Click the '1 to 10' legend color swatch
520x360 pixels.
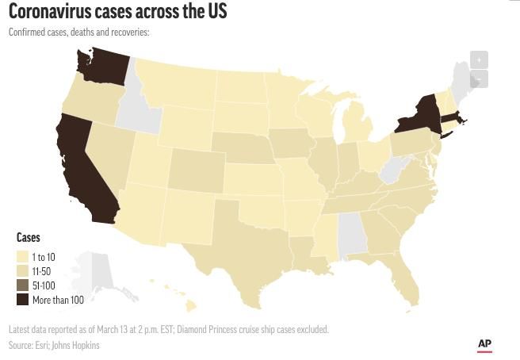coord(23,257)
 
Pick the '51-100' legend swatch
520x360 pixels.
coord(23,285)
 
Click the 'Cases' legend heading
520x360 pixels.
coord(29,238)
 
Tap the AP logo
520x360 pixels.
coord(484,344)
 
